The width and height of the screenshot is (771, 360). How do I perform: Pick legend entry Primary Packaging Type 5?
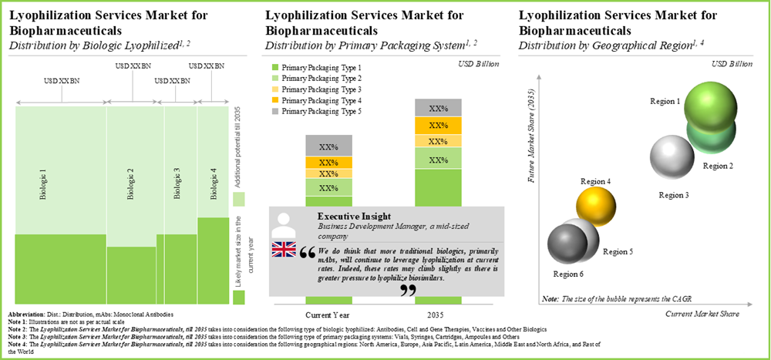316,111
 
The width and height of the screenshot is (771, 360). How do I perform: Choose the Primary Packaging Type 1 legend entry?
316,68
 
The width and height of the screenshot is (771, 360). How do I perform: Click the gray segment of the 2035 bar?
438,108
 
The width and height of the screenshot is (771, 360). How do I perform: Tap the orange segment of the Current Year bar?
328,163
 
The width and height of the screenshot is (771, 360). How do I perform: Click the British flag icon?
284,249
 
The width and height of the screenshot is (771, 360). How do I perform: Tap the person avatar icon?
284,224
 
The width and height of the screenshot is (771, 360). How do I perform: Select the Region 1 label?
665,102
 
